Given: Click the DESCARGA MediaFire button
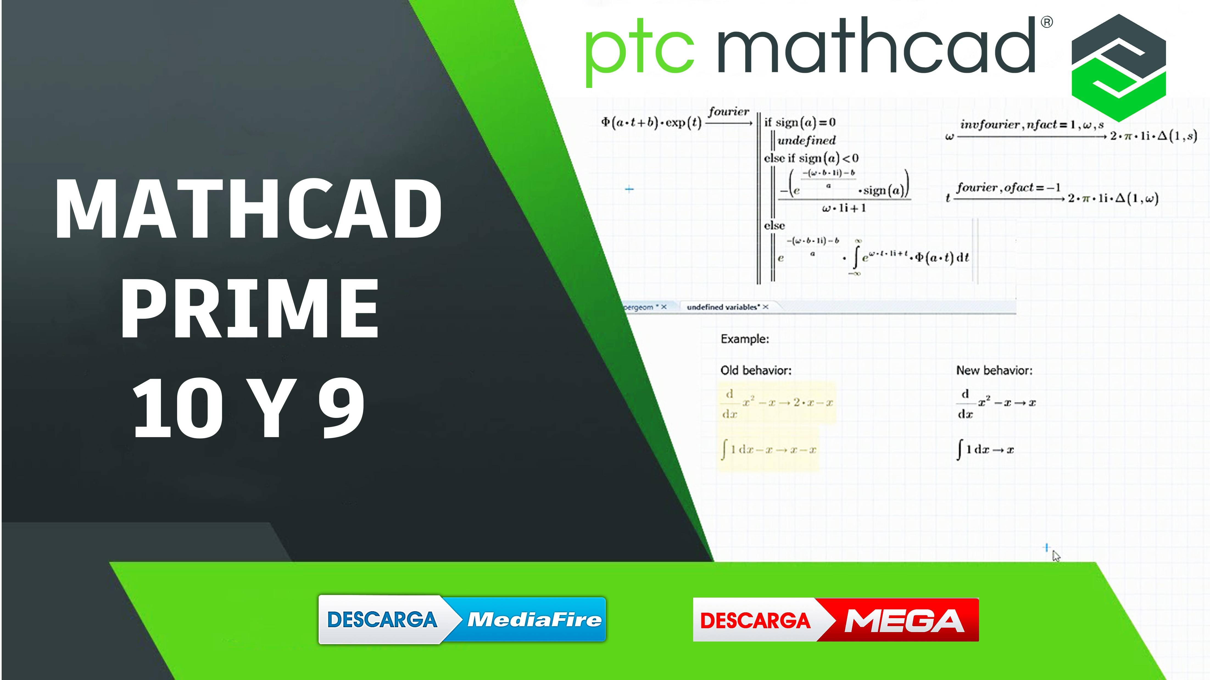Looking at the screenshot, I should pos(462,619).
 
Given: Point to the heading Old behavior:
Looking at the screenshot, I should pos(756,370).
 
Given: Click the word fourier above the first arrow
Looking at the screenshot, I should pos(729,112).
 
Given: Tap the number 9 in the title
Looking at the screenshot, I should pos(341,408).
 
